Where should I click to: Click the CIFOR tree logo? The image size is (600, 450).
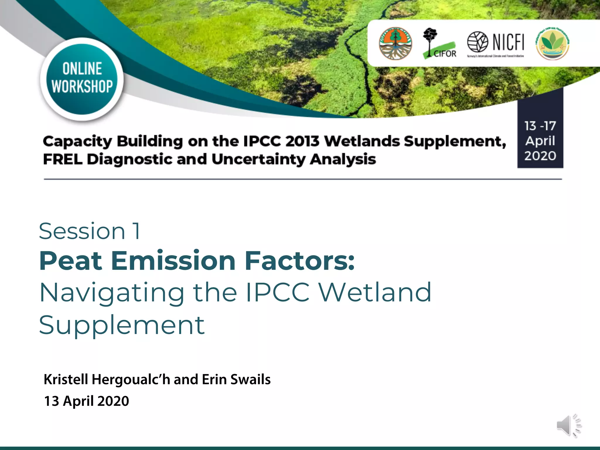click(x=438, y=43)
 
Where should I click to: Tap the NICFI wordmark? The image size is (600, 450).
click(x=508, y=42)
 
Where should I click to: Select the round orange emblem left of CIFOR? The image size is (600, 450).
click(x=395, y=43)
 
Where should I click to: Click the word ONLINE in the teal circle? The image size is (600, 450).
click(x=82, y=69)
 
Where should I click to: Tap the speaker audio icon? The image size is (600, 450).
click(x=569, y=425)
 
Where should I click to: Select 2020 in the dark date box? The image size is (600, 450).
click(x=540, y=156)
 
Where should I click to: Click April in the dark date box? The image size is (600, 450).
click(x=540, y=141)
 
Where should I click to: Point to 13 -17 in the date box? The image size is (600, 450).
click(x=540, y=126)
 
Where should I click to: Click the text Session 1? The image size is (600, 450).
click(x=89, y=231)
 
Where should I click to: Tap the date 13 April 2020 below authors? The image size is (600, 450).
click(x=86, y=401)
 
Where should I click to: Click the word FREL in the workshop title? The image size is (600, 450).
click(x=62, y=159)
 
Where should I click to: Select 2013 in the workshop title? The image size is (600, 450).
click(x=302, y=141)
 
